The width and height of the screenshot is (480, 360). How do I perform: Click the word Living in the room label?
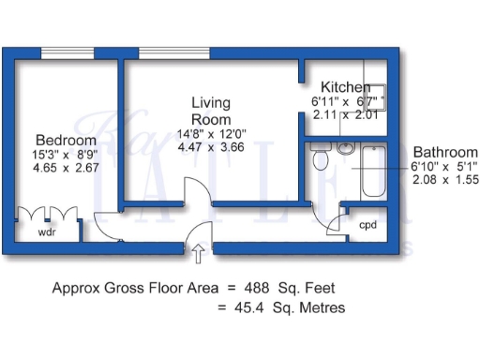pos(211,103)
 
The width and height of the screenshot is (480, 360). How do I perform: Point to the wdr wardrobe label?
pos(46,231)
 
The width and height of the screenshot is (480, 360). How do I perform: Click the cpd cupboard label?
pos(368,225)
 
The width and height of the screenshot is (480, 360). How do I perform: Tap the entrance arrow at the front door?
pos(199,249)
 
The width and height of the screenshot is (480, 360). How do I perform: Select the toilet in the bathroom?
pos(321,160)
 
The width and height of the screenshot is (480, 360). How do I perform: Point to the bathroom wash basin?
pos(344,148)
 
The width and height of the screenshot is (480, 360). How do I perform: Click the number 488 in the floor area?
pos(259,288)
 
